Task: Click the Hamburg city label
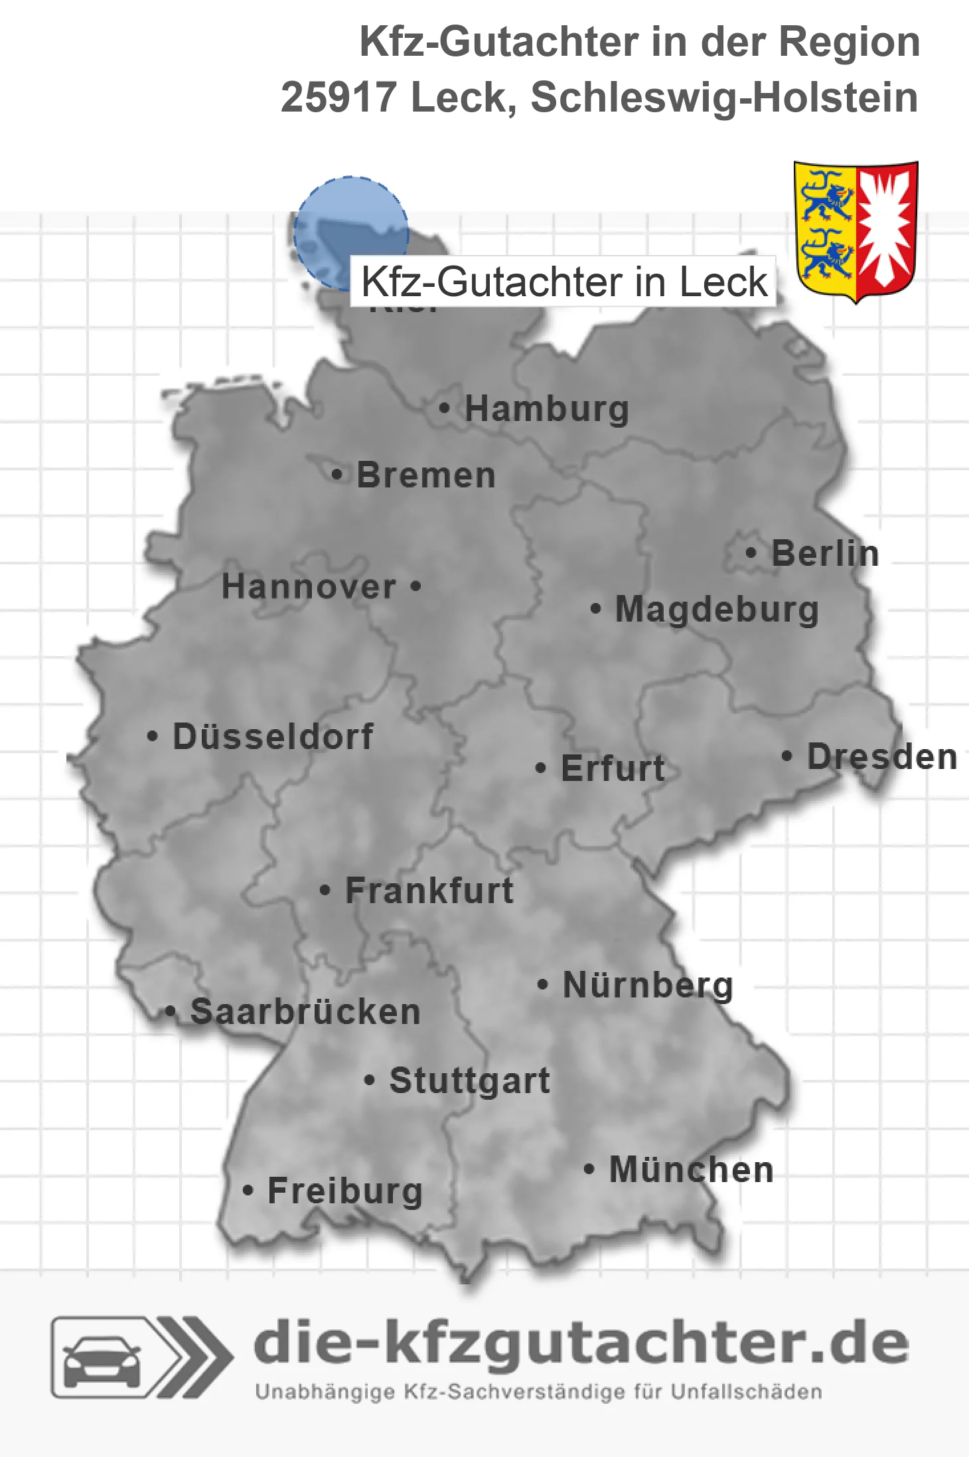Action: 546,408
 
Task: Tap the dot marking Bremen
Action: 337,475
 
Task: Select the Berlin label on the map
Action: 825,553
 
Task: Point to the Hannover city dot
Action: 416,586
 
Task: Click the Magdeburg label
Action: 717,609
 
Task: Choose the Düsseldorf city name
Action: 273,736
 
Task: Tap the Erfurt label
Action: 613,768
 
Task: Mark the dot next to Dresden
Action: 787,756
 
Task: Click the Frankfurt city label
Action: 429,891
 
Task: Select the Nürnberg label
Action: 648,985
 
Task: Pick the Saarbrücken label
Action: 305,1012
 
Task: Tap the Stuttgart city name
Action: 469,1080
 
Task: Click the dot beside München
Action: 589,1169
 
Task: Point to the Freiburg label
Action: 345,1191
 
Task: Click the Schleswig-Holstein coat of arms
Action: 856,230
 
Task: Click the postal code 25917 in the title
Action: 338,98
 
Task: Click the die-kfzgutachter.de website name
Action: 581,1343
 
